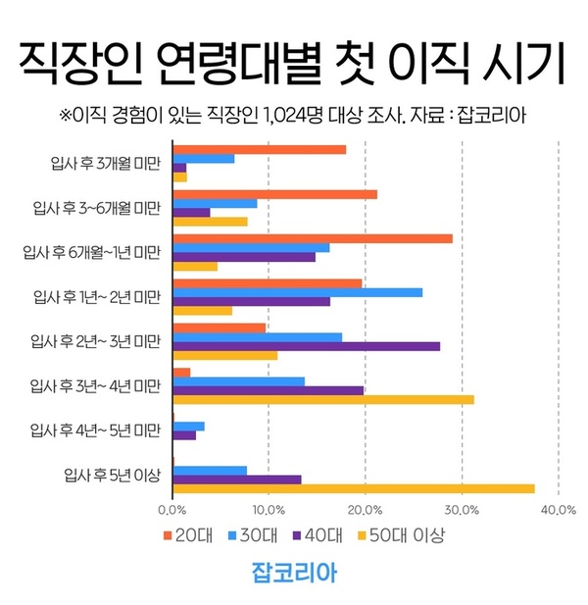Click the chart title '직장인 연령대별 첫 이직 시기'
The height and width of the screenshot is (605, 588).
[293, 64]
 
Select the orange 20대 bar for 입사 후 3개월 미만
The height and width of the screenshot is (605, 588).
[260, 149]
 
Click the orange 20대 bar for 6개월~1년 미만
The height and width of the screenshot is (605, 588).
[313, 238]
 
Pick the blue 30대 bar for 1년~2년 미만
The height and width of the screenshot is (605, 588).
[297, 292]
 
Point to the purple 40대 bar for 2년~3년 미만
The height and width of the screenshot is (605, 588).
[306, 346]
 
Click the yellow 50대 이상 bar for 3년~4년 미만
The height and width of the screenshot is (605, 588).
[323, 399]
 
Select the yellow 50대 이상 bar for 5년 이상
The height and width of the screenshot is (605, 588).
[353, 488]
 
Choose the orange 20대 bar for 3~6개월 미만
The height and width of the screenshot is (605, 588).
[274, 194]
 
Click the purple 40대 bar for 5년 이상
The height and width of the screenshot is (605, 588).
[237, 479]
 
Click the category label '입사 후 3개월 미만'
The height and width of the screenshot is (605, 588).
[105, 163]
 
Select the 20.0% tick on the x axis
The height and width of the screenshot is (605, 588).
[365, 510]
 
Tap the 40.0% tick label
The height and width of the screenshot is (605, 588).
[558, 510]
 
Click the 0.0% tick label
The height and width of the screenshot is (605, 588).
[172, 510]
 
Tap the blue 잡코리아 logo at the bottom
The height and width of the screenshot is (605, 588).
[294, 573]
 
